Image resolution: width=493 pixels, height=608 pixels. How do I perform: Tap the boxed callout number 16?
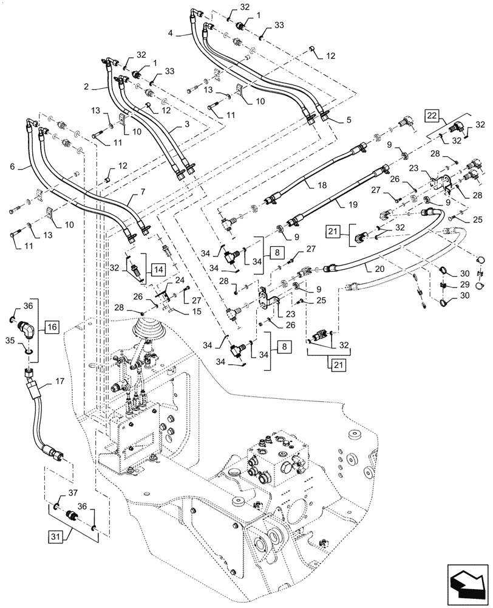pos(52,327)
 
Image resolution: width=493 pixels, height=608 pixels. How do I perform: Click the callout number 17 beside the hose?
pos(59,382)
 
